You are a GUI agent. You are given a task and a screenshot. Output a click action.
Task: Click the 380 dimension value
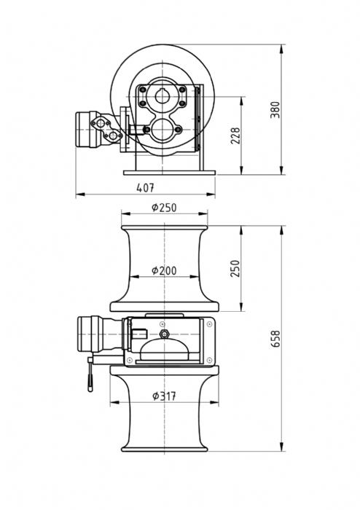click(275, 109)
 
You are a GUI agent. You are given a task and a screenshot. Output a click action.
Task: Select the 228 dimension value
click(235, 136)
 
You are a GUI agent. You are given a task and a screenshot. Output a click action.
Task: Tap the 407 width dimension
click(145, 188)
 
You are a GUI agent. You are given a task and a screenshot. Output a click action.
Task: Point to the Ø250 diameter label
click(164, 208)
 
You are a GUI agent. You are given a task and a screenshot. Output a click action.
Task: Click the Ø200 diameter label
click(164, 270)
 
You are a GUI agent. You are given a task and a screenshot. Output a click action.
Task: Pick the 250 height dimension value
click(235, 268)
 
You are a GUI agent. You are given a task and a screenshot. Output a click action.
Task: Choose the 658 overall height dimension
click(275, 339)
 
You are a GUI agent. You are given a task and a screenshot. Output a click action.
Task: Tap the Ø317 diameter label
click(164, 396)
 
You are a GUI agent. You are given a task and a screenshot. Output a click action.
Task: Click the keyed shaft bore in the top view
click(162, 96)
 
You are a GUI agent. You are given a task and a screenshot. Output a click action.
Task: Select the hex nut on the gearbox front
click(164, 334)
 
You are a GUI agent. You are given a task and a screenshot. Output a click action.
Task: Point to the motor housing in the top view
click(87, 130)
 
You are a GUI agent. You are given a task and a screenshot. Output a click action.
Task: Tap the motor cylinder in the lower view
click(90, 334)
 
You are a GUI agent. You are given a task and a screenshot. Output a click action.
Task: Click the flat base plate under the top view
click(169, 173)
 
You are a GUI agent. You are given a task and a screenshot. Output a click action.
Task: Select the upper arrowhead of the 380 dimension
click(281, 49)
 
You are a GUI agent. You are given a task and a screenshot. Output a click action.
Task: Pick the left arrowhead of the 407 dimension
click(80, 195)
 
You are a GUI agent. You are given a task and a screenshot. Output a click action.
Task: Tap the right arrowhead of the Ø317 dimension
click(214, 402)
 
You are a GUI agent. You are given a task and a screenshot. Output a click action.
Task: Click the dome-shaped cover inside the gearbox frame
click(164, 350)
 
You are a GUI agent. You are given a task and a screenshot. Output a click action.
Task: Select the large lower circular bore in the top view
click(162, 130)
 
